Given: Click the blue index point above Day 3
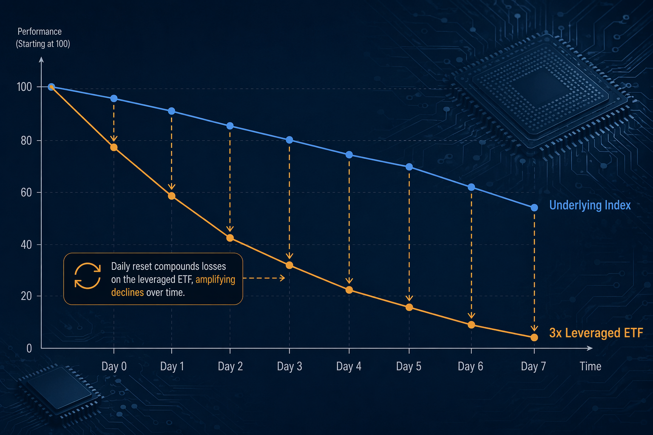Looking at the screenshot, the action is pyautogui.click(x=289, y=140).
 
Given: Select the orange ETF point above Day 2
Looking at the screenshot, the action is pyautogui.click(x=230, y=238).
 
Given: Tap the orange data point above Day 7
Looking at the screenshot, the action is pyautogui.click(x=534, y=337).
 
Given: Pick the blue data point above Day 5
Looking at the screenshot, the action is pyautogui.click(x=409, y=167).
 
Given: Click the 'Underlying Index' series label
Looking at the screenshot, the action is pyautogui.click(x=590, y=205).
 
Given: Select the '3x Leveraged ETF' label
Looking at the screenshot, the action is pyautogui.click(x=596, y=333).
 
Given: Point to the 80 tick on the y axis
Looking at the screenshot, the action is pyautogui.click(x=26, y=141).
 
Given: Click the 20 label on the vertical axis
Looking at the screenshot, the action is pyautogui.click(x=26, y=296).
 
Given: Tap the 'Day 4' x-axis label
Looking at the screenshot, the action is pyautogui.click(x=349, y=366).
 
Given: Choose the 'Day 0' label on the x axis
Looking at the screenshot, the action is pyautogui.click(x=114, y=366).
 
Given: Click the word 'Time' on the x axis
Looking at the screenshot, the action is pyautogui.click(x=591, y=366).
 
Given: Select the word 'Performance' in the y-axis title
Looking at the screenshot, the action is pyautogui.click(x=40, y=31).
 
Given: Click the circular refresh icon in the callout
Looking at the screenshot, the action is pyautogui.click(x=88, y=276).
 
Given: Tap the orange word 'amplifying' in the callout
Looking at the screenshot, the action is pyautogui.click(x=216, y=280).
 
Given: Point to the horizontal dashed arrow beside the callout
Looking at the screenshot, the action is pyautogui.click(x=264, y=278).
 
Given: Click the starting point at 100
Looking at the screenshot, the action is pyautogui.click(x=51, y=87).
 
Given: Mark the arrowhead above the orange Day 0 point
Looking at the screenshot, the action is pyautogui.click(x=114, y=138).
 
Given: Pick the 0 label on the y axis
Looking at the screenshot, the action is pyautogui.click(x=29, y=348).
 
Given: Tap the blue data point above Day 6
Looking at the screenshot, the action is pyautogui.click(x=471, y=187).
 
